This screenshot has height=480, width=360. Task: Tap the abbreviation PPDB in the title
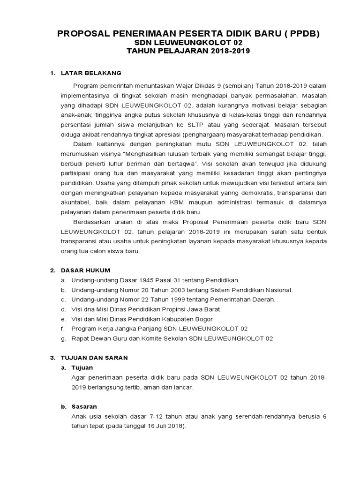[292, 34]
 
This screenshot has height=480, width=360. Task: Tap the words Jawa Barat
[201, 309]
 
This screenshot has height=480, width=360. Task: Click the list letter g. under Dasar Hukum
[63, 338]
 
